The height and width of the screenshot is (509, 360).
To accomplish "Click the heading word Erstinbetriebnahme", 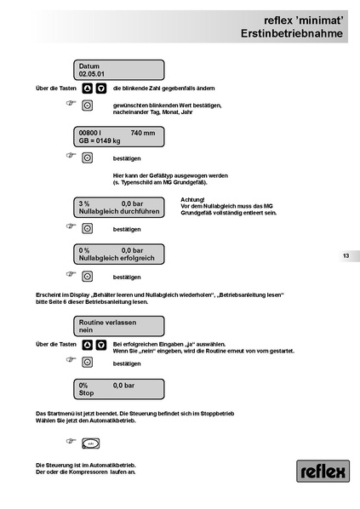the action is [x=292, y=33].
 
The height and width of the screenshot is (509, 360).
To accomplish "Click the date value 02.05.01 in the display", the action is [x=92, y=74].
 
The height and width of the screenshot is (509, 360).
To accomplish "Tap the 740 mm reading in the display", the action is [x=143, y=133].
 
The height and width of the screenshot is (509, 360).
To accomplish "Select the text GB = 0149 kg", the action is [x=100, y=141].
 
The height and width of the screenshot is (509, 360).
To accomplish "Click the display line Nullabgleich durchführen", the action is [x=119, y=212].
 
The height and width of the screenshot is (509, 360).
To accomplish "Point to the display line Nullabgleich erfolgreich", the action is [x=117, y=259].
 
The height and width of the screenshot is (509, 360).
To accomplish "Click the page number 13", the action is [x=346, y=256].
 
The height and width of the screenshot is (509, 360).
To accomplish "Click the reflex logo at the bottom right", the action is [x=323, y=471].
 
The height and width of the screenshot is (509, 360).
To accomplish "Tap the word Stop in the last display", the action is [x=86, y=393].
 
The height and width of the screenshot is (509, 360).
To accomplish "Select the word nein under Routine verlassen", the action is [x=86, y=330].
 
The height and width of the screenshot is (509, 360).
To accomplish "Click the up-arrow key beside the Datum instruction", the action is [x=87, y=89].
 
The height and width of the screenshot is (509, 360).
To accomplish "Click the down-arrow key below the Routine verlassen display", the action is [x=101, y=345].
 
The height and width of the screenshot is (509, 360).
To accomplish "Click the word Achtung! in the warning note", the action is [x=192, y=200].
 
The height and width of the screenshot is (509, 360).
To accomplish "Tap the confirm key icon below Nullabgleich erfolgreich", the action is [x=87, y=277].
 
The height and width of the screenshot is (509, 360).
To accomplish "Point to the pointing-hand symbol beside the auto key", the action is [x=71, y=441].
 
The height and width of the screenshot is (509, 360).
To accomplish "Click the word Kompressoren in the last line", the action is [x=88, y=472].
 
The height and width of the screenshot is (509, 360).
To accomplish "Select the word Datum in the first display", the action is [x=89, y=66].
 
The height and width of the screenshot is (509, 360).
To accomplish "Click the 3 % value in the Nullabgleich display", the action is [x=84, y=204].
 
